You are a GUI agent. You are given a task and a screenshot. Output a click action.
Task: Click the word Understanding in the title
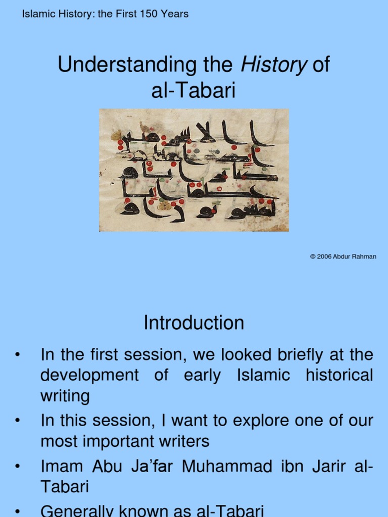click(x=120, y=66)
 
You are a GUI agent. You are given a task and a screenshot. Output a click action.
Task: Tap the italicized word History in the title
click(x=274, y=66)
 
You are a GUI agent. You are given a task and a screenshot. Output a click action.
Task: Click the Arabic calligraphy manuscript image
click(x=193, y=170)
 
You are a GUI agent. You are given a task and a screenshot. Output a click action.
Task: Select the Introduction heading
click(x=193, y=323)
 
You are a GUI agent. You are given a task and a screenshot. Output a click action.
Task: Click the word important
click(x=122, y=441)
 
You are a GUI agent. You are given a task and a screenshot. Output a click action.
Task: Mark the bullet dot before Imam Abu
click(x=18, y=466)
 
